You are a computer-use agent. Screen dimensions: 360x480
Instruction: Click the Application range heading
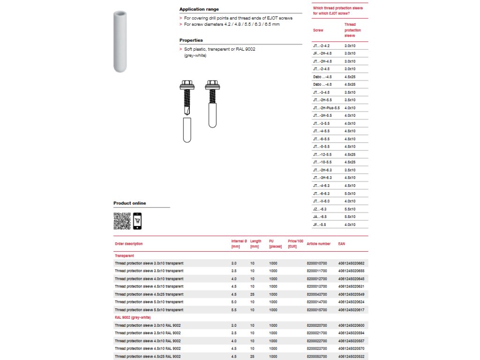199,9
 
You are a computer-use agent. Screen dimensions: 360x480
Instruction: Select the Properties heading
191,40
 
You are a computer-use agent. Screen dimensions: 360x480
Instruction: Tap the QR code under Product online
122,221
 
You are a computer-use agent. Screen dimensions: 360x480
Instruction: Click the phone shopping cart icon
137,221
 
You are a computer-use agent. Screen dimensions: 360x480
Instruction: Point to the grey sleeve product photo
120,42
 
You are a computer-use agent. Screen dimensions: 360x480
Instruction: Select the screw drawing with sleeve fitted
212,103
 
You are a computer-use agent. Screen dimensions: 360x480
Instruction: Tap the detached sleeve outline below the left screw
187,130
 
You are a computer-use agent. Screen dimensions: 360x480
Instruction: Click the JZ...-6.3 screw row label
320,209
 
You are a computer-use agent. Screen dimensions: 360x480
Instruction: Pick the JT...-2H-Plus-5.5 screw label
326,108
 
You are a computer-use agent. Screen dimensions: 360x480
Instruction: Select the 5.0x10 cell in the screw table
350,194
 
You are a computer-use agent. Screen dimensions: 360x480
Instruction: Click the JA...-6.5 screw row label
320,217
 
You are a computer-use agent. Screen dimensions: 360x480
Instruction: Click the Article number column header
318,244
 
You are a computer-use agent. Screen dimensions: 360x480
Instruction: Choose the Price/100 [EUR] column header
295,244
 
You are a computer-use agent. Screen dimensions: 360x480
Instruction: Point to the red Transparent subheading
124,256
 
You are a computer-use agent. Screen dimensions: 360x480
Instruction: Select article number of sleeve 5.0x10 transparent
317,302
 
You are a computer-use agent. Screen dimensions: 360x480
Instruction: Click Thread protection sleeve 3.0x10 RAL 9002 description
148,325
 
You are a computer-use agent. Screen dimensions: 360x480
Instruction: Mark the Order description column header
129,244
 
